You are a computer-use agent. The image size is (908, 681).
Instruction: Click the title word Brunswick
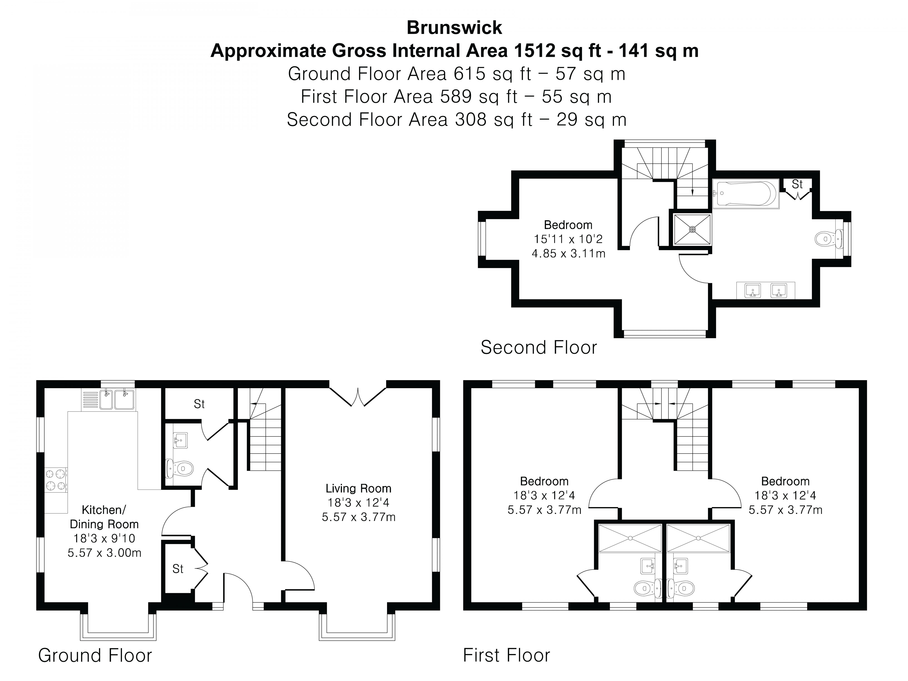pyautogui.click(x=454, y=28)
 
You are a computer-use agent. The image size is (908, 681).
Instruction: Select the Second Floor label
pyautogui.click(x=539, y=348)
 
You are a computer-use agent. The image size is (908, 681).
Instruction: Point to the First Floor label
pyautogui.click(x=506, y=656)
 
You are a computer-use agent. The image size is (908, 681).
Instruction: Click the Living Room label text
pyautogui.click(x=358, y=489)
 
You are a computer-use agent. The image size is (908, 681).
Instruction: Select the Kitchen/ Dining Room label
pyautogui.click(x=104, y=517)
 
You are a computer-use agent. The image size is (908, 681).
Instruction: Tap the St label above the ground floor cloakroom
pyautogui.click(x=199, y=404)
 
